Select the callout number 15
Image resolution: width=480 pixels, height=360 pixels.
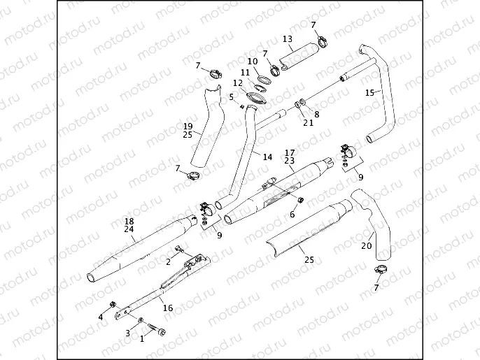tap(370, 92)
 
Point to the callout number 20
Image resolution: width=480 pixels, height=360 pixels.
tap(366, 245)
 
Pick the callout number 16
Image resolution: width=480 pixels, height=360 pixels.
tap(167, 308)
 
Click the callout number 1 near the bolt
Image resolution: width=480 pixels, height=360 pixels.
tap(143, 339)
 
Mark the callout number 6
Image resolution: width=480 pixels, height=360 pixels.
tap(292, 215)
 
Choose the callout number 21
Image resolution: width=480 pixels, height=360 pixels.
tap(309, 123)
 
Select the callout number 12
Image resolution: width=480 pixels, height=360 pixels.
tap(237, 82)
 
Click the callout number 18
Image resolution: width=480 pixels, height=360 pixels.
tap(129, 220)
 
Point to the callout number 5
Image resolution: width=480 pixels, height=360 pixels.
tap(231, 97)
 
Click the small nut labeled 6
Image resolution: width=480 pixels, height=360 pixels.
tap(301, 201)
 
